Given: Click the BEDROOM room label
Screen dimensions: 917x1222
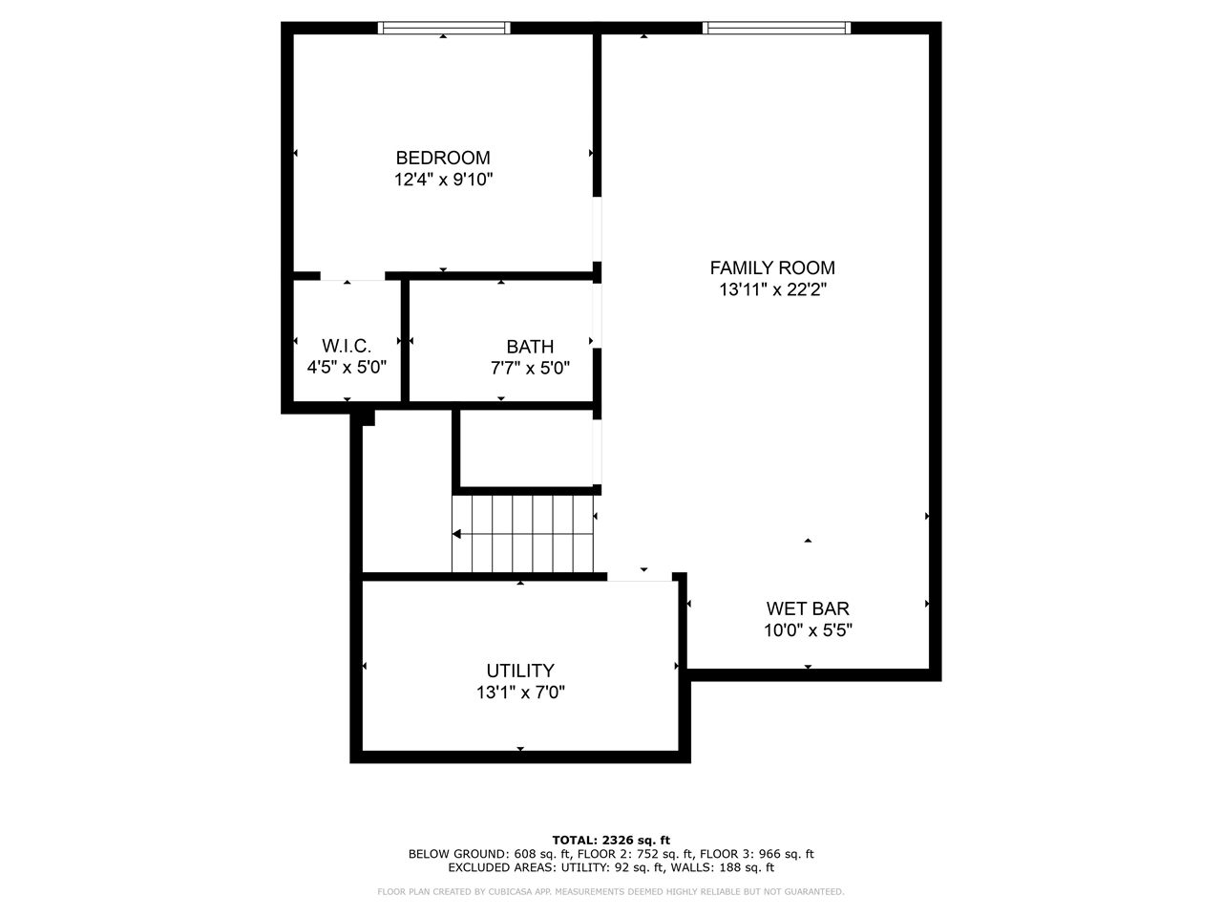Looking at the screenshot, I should [x=443, y=158].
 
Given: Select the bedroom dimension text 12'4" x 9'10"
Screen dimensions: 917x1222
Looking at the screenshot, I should [x=443, y=180].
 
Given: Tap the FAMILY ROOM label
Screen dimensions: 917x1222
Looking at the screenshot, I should [x=771, y=268].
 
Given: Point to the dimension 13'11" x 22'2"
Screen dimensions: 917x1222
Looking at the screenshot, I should [x=771, y=290].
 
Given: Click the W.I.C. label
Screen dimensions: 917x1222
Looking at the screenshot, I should [x=347, y=346].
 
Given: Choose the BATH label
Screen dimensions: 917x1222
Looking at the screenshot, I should [x=530, y=347].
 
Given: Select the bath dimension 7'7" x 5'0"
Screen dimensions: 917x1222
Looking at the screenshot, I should [x=530, y=368].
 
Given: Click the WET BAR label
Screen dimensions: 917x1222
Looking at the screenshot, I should [x=808, y=608].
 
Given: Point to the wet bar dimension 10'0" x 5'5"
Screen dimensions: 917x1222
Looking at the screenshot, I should [x=808, y=630].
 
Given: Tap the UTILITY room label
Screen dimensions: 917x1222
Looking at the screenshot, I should [x=520, y=671].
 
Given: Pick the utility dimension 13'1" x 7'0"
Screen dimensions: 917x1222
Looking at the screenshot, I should [x=520, y=693].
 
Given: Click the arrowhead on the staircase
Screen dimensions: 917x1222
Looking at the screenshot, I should [x=457, y=534].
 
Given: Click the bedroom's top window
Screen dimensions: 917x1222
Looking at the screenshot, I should [x=444, y=28].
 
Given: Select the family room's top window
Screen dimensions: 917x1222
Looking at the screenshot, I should [x=776, y=28].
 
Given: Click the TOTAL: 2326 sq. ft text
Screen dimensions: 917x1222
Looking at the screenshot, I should [x=611, y=840].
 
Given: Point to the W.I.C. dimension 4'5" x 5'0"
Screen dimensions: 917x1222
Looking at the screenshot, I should [x=347, y=367].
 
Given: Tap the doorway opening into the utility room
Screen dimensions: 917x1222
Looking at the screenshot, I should [x=640, y=576].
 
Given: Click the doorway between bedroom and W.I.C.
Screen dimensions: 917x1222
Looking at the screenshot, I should [x=352, y=276].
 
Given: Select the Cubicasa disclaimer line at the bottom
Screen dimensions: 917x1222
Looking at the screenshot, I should [x=611, y=891].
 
